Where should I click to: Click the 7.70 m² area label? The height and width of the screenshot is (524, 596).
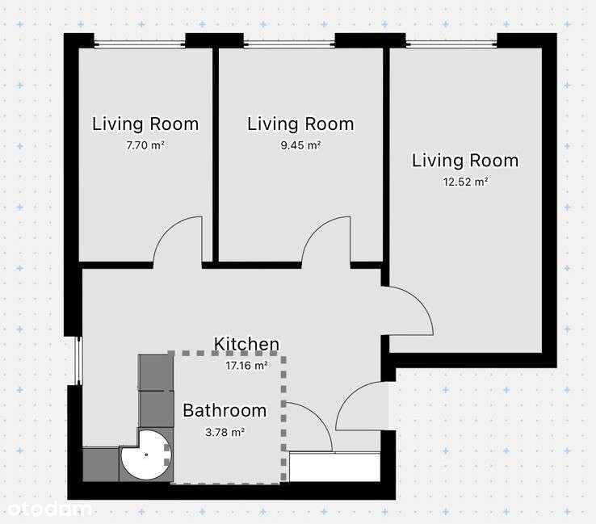click(x=145, y=145)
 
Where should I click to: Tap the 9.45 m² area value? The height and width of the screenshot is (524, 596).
click(x=300, y=145)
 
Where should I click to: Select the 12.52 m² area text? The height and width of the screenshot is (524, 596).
click(x=465, y=182)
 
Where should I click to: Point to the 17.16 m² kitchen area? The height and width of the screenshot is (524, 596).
click(x=246, y=366)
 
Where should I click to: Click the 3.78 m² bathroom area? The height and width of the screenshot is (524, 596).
click(x=225, y=432)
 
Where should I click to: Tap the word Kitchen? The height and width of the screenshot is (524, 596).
click(x=246, y=344)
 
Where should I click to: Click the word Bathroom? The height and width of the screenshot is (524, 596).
click(x=225, y=410)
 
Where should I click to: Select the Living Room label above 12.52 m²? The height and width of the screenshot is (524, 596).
click(x=465, y=161)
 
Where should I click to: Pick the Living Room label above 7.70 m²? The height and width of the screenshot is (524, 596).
click(x=145, y=124)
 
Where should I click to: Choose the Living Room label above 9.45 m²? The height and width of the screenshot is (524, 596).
click(x=300, y=124)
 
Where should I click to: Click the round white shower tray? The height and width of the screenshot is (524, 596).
click(x=146, y=455)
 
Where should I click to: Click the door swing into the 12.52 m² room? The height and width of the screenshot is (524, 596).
click(x=419, y=301)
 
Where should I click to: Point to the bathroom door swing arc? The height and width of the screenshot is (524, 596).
click(x=318, y=417)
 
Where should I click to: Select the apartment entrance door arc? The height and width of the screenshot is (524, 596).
click(x=350, y=395)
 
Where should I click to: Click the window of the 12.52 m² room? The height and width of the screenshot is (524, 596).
click(x=451, y=44)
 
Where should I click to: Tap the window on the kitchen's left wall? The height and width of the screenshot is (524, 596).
click(x=78, y=361)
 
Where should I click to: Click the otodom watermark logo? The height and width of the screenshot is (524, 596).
click(x=49, y=509)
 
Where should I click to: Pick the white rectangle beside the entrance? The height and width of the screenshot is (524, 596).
click(x=335, y=467)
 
